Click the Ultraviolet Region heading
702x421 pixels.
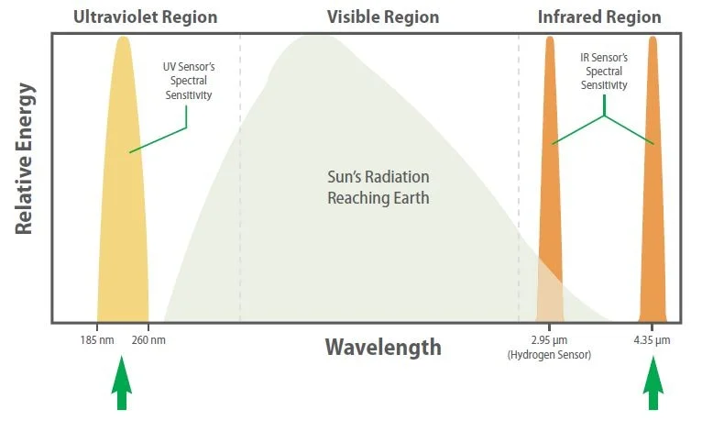[x=145, y=17]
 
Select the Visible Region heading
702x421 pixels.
[x=382, y=17]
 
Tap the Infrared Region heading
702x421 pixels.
[x=598, y=17]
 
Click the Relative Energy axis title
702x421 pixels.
[x=25, y=161]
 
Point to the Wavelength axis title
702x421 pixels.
[x=382, y=348]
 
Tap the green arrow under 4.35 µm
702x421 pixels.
[x=653, y=385]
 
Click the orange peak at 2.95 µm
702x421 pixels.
[x=550, y=183]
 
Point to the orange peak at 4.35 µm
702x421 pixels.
[x=653, y=183]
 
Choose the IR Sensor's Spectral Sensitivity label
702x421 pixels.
[x=604, y=71]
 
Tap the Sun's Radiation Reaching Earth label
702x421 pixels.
[x=378, y=186]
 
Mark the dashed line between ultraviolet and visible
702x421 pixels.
[x=240, y=183]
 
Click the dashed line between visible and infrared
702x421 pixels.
[x=519, y=183]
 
